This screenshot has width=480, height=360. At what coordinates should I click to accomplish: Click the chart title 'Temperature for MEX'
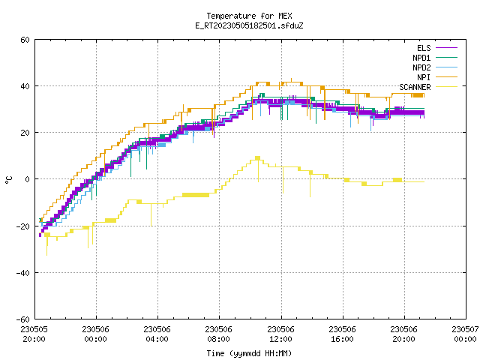[x=249, y=16]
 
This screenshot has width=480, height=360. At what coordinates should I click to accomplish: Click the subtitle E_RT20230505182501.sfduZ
[x=249, y=25]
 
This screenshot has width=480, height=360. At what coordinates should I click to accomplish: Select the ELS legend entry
[x=436, y=48]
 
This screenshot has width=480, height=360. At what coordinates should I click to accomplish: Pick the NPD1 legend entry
[x=435, y=58]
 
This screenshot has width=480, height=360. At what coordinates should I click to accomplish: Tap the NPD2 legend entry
[x=435, y=67]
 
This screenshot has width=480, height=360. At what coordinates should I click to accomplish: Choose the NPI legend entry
[x=436, y=77]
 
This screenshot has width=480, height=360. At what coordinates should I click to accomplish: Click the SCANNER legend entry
[x=428, y=87]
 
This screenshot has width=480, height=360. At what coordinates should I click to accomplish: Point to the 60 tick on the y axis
[x=25, y=40]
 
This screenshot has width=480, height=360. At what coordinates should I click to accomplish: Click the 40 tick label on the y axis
[x=25, y=86]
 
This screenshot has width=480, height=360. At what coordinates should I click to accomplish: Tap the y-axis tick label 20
[x=25, y=133]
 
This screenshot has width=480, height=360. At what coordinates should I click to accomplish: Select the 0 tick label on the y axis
[x=27, y=179]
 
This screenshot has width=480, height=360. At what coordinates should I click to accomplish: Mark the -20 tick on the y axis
[x=23, y=226]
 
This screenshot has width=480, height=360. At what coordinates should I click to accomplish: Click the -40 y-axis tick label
[x=23, y=273]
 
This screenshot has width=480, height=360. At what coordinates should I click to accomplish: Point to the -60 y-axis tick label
[x=23, y=319]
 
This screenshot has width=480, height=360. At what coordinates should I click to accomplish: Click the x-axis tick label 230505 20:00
[x=34, y=334]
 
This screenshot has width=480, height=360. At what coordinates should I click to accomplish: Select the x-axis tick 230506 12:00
[x=280, y=334]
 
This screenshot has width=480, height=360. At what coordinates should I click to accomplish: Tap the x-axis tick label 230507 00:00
[x=465, y=334]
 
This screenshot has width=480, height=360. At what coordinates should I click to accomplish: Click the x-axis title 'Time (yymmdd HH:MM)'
[x=249, y=353]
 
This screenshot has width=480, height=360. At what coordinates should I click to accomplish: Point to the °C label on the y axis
[x=8, y=179]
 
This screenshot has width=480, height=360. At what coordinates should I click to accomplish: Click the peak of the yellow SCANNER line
[x=258, y=157]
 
